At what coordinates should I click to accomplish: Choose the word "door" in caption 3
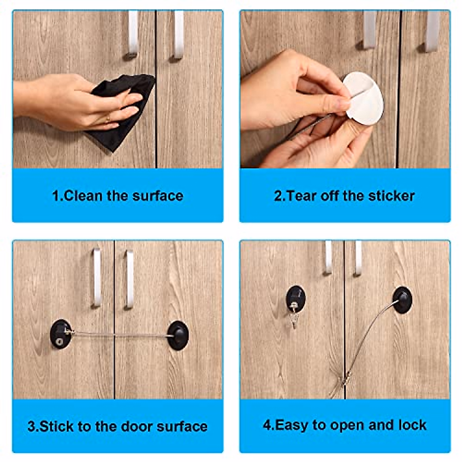pos(137,426)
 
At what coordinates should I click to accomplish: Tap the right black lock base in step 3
pos(178,335)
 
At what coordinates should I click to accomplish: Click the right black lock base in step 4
pos(402,300)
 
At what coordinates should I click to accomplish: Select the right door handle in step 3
pos(129,280)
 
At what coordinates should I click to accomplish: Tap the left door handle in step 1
pos(133,35)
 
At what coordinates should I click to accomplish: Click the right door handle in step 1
pos(179,35)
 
